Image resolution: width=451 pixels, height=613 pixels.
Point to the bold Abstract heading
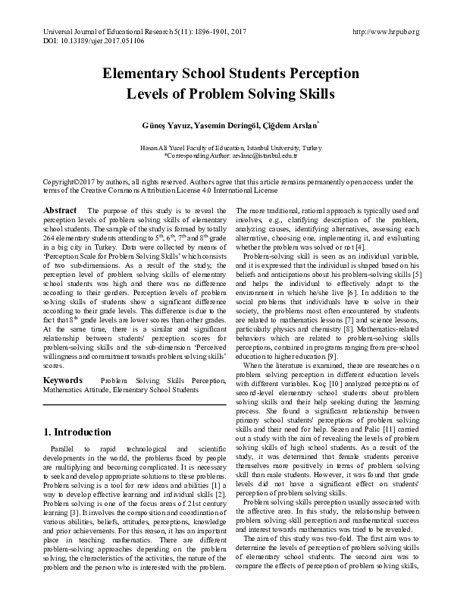pos(59,209)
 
